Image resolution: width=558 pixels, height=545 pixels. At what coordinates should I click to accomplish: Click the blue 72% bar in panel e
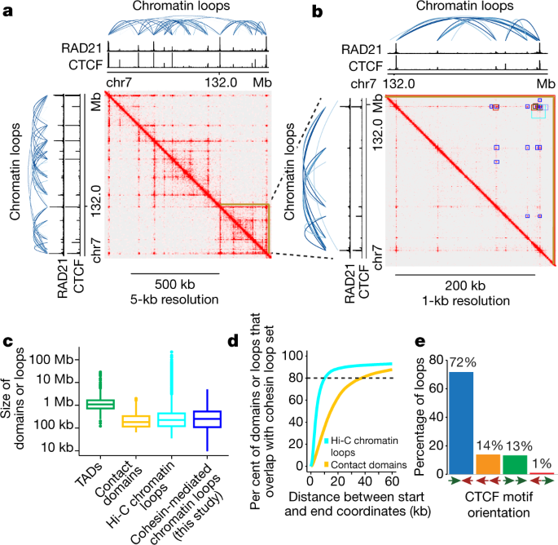[x=461, y=423]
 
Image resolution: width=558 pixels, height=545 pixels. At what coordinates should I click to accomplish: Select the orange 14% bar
[x=488, y=464]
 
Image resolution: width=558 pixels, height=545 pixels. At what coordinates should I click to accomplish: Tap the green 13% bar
[x=515, y=464]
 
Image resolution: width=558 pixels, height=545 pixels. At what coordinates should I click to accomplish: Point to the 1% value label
[x=542, y=463]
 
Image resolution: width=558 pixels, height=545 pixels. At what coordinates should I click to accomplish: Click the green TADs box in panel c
[x=100, y=404]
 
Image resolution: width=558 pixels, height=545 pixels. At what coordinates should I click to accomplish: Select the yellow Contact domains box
[x=135, y=421]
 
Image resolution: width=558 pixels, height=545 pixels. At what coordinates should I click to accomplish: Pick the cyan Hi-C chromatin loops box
[x=172, y=420]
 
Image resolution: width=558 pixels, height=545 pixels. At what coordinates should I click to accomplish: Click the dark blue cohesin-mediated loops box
[x=207, y=419]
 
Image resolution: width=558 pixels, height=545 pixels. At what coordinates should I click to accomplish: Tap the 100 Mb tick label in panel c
[x=51, y=359]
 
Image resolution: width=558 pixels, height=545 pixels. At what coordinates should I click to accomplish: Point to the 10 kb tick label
[x=57, y=447]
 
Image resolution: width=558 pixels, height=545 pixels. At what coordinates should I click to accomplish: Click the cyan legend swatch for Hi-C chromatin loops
[x=326, y=441]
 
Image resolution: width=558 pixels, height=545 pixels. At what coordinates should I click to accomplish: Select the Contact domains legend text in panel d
[x=369, y=465]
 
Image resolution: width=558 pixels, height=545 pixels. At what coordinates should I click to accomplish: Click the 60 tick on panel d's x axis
[x=392, y=481]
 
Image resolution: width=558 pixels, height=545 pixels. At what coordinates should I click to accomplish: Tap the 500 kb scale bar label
[x=174, y=285]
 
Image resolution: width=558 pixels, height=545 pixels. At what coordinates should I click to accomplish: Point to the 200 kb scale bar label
[x=465, y=286]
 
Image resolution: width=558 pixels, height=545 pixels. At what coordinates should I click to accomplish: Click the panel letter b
[x=317, y=11]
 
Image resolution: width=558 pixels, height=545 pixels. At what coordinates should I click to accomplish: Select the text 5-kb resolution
[x=174, y=299]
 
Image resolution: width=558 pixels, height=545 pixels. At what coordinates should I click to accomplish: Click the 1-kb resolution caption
[x=466, y=301]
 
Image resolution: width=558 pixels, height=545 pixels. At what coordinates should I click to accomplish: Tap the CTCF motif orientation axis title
[x=499, y=505]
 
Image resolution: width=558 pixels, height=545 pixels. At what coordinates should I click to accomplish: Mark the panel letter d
[x=233, y=341]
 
